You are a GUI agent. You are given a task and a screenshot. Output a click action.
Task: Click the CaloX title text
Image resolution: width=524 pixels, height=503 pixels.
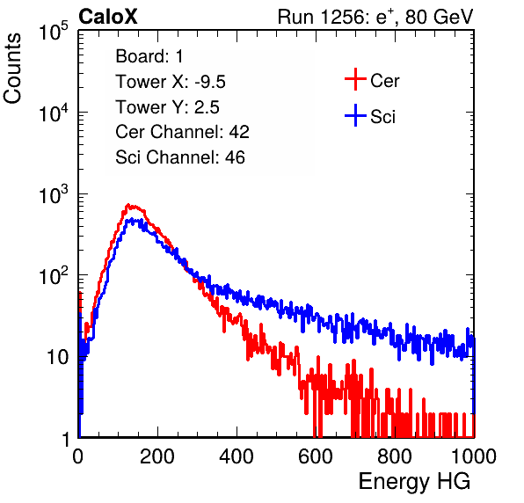108,17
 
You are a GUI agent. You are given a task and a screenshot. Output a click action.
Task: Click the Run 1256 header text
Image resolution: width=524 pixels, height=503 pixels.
375,17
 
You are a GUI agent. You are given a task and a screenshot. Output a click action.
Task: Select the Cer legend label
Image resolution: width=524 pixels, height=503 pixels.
384,81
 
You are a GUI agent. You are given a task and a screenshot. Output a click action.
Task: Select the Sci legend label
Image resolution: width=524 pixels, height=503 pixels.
382,117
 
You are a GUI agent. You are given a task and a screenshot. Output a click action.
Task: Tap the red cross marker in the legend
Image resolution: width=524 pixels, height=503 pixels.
355,79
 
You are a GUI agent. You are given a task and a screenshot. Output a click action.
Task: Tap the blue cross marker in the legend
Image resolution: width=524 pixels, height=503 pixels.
355,116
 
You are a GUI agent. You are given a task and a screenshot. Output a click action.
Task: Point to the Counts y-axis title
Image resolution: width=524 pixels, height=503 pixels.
12,68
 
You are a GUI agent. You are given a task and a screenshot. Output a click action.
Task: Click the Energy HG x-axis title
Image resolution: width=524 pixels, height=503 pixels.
414,481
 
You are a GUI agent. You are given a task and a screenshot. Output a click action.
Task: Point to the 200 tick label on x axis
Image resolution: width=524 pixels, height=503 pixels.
157,456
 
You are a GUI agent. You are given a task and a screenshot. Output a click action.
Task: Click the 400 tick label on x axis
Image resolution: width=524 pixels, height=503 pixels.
237,456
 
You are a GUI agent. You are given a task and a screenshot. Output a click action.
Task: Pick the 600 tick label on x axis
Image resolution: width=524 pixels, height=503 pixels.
316,456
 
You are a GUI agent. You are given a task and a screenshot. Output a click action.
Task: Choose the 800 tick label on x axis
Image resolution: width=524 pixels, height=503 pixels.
395,456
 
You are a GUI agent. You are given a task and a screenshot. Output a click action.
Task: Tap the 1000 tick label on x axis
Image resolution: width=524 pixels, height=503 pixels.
474,456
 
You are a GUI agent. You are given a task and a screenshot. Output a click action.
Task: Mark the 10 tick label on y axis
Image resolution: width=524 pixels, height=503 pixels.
58,357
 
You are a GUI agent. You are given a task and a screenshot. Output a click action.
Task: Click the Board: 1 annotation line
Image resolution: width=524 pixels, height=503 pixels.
149,56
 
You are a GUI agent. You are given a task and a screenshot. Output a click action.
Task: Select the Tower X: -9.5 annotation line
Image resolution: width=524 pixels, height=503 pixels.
171,82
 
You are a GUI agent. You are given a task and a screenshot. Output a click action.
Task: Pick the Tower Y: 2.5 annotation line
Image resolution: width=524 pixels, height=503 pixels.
167,107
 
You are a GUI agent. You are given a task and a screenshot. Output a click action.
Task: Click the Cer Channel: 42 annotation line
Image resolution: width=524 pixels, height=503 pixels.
183,132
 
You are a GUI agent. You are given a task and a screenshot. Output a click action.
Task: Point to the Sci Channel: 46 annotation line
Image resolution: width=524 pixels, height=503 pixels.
180,157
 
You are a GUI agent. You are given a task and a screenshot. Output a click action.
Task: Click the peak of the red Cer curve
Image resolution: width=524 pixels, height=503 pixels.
128,205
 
